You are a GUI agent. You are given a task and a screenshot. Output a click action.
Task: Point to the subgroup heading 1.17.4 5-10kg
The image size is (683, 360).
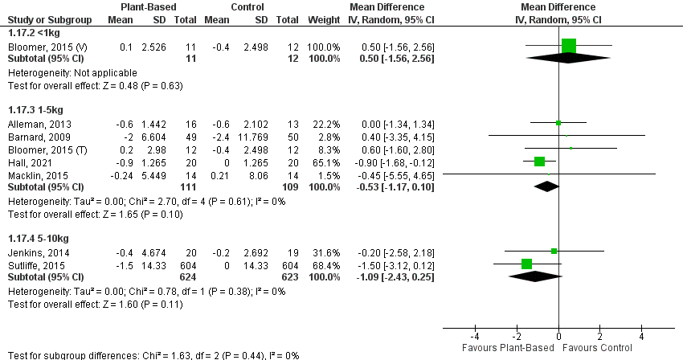coord(38,238)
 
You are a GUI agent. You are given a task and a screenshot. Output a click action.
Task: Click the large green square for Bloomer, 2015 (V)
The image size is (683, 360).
coord(569,46)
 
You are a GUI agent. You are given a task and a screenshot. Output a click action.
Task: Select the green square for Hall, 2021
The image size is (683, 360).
coord(539,161)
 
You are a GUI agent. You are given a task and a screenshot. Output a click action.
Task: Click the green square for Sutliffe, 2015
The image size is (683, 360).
coord(527,264)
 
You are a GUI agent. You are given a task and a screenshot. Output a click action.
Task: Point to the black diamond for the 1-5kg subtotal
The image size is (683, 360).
coord(547,186)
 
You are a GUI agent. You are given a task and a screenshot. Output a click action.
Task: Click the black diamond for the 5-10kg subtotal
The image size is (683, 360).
coord(535,276)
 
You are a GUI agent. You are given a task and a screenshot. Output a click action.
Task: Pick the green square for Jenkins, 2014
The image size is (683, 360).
coord(554,251)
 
